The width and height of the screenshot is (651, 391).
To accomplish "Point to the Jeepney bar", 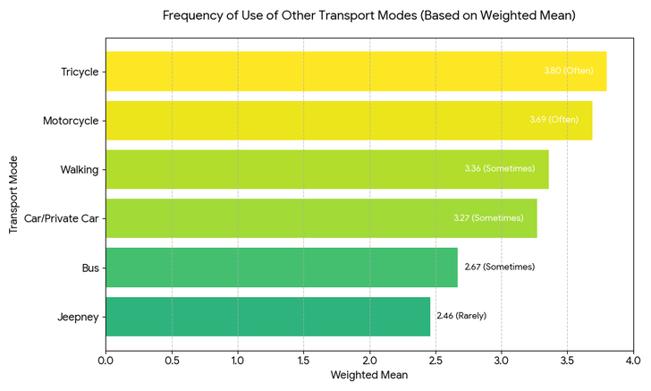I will point(267,316).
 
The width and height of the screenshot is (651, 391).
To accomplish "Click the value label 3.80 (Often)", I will point(568,71).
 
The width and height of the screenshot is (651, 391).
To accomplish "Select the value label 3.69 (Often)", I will point(554,120).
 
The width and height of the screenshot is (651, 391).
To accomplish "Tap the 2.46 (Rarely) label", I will point(461,316).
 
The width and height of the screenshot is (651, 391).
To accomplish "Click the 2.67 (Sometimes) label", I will point(499,267).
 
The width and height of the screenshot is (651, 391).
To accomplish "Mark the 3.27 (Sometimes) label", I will point(488,217).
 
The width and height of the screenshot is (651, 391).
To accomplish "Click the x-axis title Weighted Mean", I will point(369,376).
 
